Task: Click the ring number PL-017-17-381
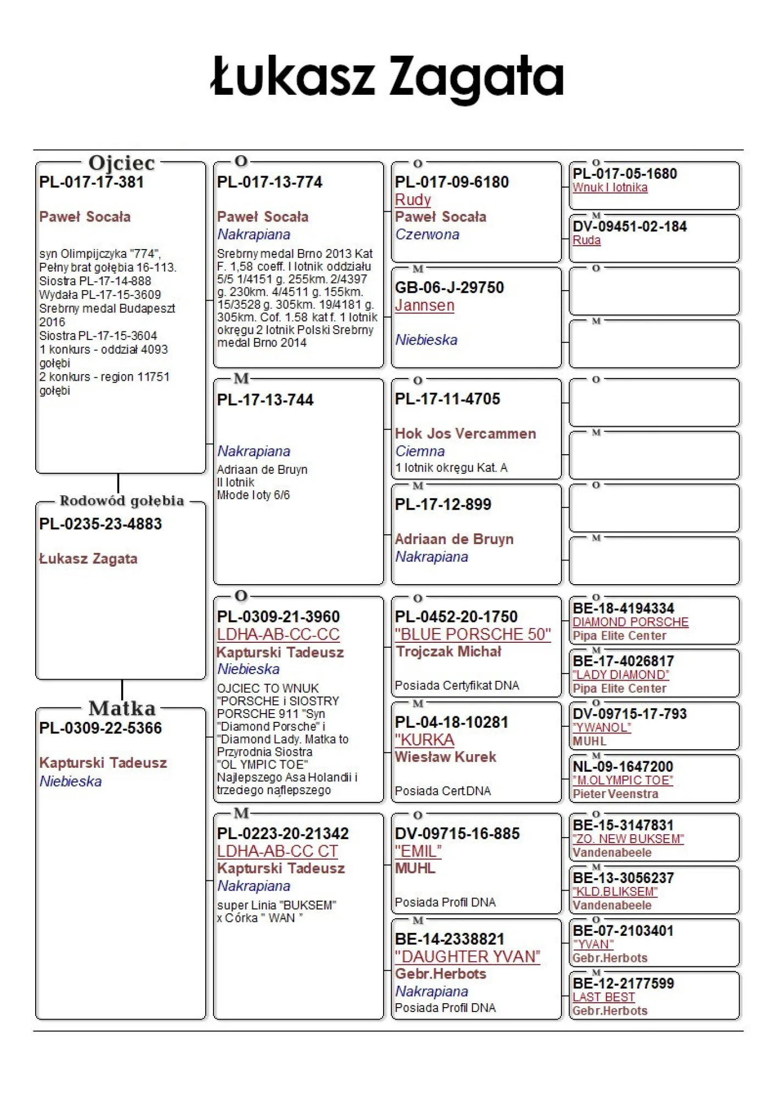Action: [x=92, y=182]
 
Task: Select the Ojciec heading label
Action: [x=122, y=163]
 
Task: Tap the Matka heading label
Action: [x=122, y=708]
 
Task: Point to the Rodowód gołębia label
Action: [x=122, y=501]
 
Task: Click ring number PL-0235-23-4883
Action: [x=100, y=524]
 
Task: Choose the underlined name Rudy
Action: [x=413, y=200]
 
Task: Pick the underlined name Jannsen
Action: [x=424, y=305]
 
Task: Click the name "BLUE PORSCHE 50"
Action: [x=473, y=634]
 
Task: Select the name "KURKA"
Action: [x=424, y=740]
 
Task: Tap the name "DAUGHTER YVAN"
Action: [x=467, y=957]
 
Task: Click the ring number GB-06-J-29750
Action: [x=449, y=287]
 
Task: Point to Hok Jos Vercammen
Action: [x=465, y=433]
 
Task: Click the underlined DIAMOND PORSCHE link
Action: [x=630, y=622]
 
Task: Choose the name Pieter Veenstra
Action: [x=615, y=794]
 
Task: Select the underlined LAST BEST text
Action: [x=604, y=997]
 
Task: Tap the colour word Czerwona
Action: [x=427, y=234]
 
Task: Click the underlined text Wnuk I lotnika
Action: [x=610, y=188]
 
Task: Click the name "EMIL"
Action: [x=418, y=851]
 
